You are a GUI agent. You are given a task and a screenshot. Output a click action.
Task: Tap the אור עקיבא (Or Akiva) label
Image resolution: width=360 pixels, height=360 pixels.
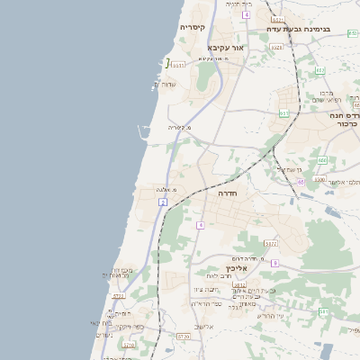click(225, 47)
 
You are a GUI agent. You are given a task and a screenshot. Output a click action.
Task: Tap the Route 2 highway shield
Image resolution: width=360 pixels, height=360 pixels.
click(163, 202)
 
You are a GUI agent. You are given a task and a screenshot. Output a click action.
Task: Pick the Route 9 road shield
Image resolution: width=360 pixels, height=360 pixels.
click(274, 263)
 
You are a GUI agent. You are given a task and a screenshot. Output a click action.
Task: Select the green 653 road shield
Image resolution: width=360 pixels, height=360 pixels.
click(284, 113)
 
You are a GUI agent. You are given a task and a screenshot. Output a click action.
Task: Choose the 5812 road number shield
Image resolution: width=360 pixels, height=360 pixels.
click(239, 284)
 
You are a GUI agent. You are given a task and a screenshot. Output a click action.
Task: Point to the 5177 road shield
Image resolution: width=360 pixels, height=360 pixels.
click(270, 243)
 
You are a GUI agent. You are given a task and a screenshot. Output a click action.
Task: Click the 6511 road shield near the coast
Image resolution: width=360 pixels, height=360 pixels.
click(178, 65)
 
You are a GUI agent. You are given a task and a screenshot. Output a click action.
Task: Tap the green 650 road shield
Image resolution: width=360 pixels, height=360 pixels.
click(321, 160)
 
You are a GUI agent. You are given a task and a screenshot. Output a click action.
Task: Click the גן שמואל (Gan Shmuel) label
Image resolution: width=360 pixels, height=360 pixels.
click(294, 168)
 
